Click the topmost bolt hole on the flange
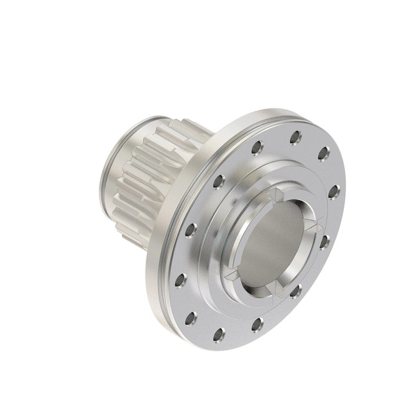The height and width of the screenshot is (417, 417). point(296,137)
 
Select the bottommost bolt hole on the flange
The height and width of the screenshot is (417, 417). point(218,333)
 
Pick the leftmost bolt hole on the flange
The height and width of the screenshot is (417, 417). point(180,280)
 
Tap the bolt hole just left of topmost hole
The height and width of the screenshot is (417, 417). point(256,148)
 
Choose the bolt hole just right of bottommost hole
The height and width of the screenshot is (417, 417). point(257,323)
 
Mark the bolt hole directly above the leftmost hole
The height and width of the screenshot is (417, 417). point(190,229)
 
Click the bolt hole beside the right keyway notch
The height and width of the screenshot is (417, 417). point(325,241)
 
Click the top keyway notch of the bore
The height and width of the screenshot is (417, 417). point(275,195)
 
